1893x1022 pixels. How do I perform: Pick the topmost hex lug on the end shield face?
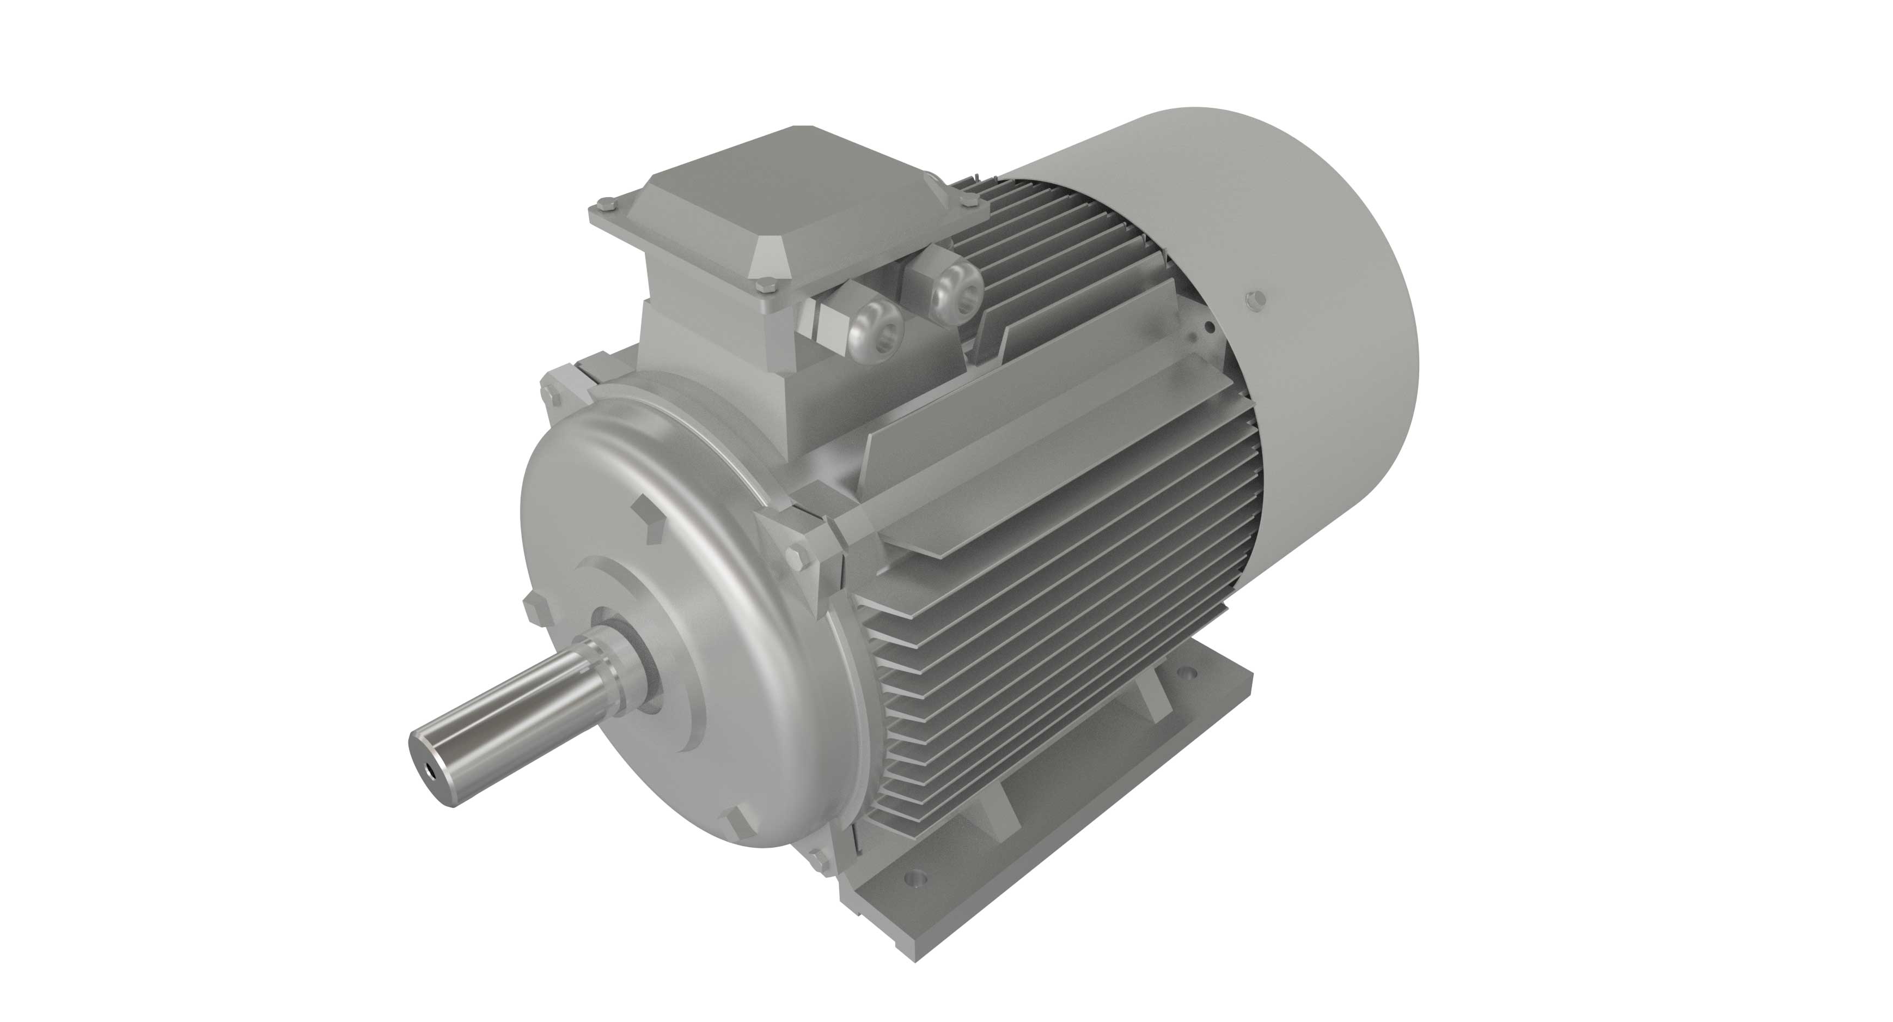pyautogui.click(x=646, y=515)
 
